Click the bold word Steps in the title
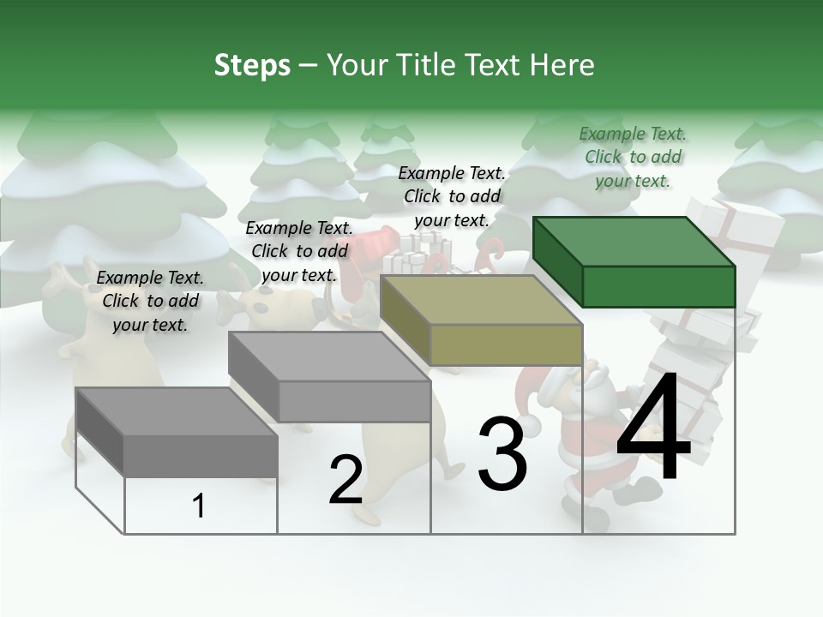(x=252, y=65)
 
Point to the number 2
(x=345, y=480)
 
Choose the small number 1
(x=199, y=506)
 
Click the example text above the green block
(x=633, y=157)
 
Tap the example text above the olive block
(x=453, y=196)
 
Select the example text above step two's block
(x=299, y=251)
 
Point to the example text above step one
(x=150, y=301)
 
